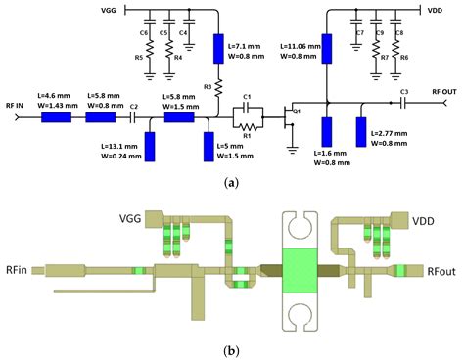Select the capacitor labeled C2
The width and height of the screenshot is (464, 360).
pos(133,116)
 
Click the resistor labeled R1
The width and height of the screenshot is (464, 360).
pos(248,126)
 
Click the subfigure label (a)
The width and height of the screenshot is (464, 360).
pos(232,181)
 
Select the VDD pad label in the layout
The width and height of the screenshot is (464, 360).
pos(432,222)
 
